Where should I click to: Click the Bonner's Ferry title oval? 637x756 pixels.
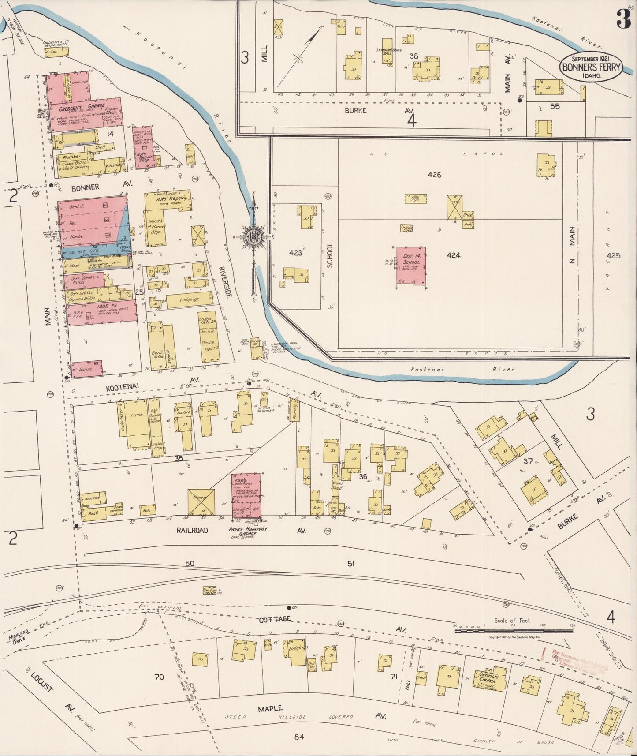591,67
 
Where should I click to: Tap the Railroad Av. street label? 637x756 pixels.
192,531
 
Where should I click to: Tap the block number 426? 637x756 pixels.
434,175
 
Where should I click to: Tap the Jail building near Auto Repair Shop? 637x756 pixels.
190,157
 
